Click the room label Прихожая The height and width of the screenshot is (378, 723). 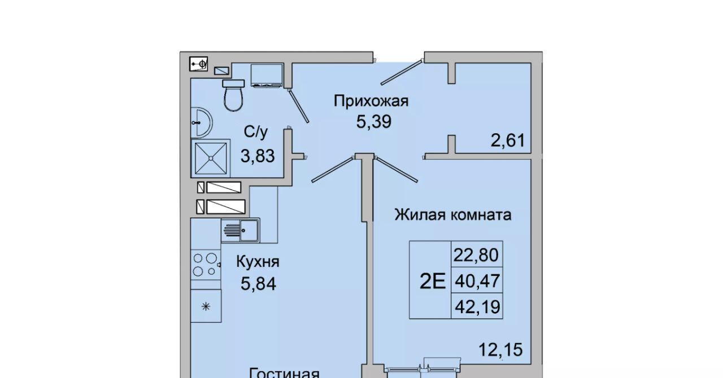click(371, 101)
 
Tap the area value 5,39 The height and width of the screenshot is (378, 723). click(374, 122)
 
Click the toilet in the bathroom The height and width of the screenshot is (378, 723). click(233, 95)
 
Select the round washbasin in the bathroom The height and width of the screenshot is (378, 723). click(202, 122)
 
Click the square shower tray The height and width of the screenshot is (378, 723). click(211, 159)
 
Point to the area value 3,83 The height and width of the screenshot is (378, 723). click(258, 156)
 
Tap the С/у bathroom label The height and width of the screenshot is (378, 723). click(256, 132)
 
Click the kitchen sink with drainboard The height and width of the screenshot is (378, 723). click(241, 230)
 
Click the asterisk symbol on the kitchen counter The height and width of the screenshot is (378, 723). click(206, 306)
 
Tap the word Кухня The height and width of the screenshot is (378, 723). click(258, 262)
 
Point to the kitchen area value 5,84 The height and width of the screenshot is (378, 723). click(258, 284)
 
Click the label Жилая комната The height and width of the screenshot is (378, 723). click(453, 215)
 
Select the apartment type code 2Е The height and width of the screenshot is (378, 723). click(433, 281)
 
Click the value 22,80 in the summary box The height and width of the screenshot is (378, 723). click(476, 255)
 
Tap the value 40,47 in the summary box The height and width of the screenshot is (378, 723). click(477, 281)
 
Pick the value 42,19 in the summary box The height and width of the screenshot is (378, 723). click(477, 307)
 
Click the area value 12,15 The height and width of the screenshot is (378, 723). click(500, 350)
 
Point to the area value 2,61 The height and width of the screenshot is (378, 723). click(508, 140)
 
